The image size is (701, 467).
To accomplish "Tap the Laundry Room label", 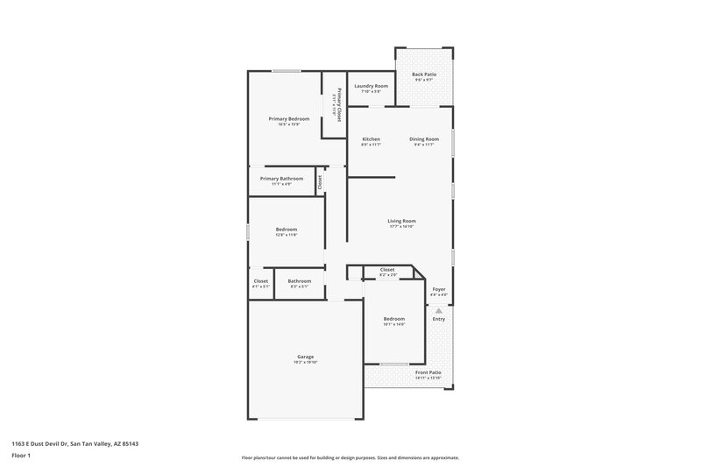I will (x=371, y=86).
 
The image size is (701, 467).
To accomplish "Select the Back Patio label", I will (x=424, y=74).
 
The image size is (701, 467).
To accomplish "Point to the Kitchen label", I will (x=371, y=139).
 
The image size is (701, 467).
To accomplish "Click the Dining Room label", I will (x=424, y=139).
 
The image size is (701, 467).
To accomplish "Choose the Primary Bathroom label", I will (x=281, y=179).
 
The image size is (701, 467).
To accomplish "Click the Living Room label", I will (x=401, y=221).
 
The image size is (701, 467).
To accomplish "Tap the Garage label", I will (x=305, y=357).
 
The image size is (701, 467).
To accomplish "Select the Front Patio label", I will (x=428, y=372).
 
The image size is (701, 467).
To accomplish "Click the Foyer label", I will (x=439, y=289).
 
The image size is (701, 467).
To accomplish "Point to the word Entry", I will (x=438, y=318).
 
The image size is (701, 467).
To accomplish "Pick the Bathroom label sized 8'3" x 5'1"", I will (x=300, y=281).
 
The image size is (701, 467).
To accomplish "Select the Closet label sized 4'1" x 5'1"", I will (x=261, y=281).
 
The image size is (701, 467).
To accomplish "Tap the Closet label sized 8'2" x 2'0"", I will (x=387, y=270).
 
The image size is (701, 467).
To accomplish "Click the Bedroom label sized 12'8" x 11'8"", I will (x=287, y=230).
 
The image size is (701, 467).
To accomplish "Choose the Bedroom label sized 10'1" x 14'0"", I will (x=393, y=319).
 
